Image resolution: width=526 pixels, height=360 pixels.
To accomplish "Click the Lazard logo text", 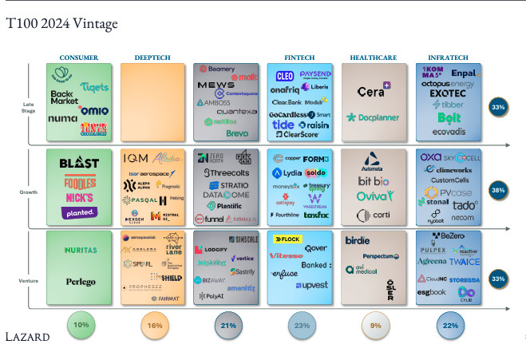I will pos(29,337).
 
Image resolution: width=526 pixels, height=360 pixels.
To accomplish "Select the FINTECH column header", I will pos(299,57).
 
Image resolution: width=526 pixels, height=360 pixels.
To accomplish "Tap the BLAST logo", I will pos(79,163).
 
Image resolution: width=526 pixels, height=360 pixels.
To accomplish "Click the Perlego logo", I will pos(80,282).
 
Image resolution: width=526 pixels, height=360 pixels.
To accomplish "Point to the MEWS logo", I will pos(216,85).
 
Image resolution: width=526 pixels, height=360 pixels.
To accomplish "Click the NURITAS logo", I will pos(80,250).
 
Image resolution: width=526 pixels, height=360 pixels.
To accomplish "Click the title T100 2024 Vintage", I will pos(61,23).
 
